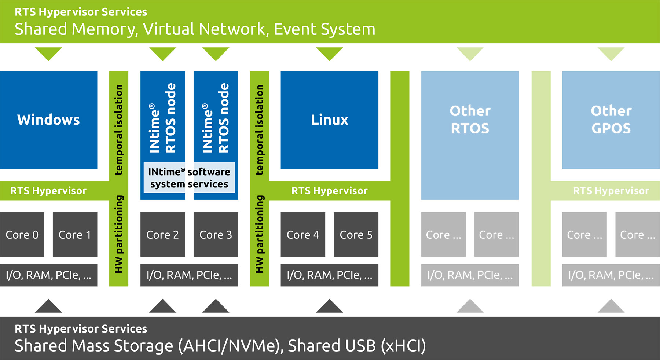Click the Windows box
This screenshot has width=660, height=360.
point(48,120)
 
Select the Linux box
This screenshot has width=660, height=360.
point(329,120)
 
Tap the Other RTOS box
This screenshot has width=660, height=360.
point(470,120)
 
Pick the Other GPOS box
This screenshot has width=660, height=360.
point(611,120)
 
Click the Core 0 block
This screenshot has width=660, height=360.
point(22,235)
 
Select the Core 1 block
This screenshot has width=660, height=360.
point(75,235)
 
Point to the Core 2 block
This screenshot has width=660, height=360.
point(162,235)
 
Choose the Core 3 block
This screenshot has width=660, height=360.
point(216,235)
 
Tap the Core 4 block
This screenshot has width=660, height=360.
point(303,235)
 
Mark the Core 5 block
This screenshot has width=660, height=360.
point(356,235)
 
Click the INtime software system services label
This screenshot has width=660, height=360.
point(189,178)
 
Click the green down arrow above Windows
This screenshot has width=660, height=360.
point(48,54)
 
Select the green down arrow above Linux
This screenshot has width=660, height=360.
point(329,54)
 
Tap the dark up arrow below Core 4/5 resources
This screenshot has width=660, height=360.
point(329,306)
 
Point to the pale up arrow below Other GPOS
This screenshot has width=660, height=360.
point(611,306)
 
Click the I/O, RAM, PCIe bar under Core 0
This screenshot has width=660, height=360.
point(48,275)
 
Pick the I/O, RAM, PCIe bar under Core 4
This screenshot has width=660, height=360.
point(329,275)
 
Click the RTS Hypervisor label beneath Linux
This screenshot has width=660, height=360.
point(329,191)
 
